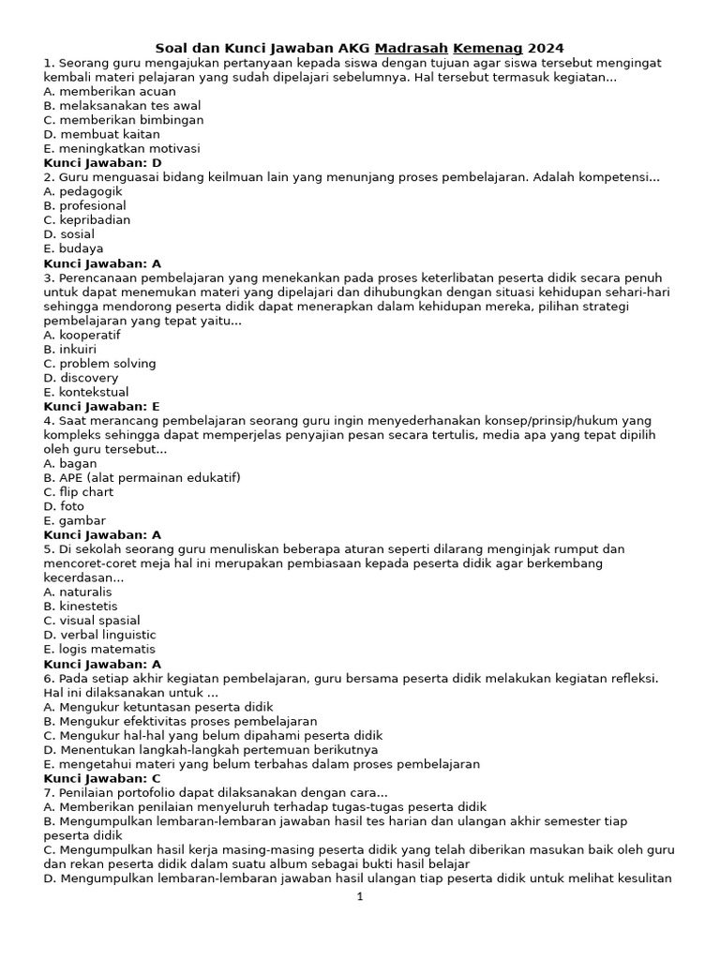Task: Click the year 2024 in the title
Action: [546, 48]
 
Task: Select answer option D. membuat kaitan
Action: [101, 134]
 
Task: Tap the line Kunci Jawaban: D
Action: [102, 163]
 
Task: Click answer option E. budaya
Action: [73, 248]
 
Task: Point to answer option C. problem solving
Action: [99, 363]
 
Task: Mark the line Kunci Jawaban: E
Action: [102, 406]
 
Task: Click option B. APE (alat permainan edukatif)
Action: [142, 477]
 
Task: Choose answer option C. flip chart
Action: [79, 492]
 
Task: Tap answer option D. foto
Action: [64, 506]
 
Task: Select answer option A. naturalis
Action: [78, 592]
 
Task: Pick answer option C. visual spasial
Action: [92, 621]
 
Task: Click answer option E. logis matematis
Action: [99, 649]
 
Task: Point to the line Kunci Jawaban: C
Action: [102, 778]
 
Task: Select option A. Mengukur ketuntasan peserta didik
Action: [158, 706]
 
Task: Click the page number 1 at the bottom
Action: [360, 897]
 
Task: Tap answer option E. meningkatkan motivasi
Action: [121, 148]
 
